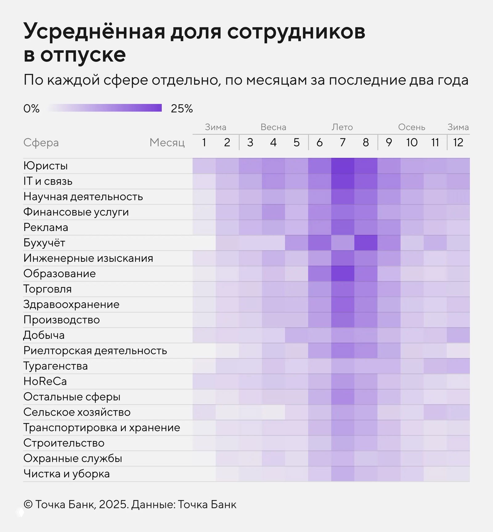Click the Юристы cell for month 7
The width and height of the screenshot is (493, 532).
pyautogui.click(x=343, y=166)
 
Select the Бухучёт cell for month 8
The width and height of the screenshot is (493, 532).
pyautogui.click(x=366, y=243)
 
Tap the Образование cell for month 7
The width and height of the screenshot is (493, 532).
pyautogui.click(x=343, y=274)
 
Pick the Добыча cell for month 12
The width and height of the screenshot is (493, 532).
pyautogui.click(x=458, y=335)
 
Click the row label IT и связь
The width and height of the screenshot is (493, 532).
pyautogui.click(x=48, y=181)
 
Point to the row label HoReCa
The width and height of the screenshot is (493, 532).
pyautogui.click(x=45, y=381)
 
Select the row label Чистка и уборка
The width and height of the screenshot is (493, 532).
pyautogui.click(x=66, y=474)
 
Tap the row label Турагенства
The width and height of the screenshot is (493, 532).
pyautogui.click(x=55, y=366)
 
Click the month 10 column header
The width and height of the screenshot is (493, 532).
pyautogui.click(x=412, y=143)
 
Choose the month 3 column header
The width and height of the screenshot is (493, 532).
pyautogui.click(x=250, y=143)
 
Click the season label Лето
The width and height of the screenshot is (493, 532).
pyautogui.click(x=342, y=127)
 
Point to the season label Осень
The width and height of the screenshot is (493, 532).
pyautogui.click(x=412, y=127)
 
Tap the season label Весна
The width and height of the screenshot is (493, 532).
pyautogui.click(x=273, y=127)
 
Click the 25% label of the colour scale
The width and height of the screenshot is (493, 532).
pyautogui.click(x=182, y=108)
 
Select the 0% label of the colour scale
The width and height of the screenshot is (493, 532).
pyautogui.click(x=31, y=108)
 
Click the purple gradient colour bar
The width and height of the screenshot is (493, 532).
pyautogui.click(x=105, y=108)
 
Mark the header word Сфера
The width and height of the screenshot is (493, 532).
pyautogui.click(x=41, y=143)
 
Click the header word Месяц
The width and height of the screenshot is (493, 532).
pyautogui.click(x=167, y=143)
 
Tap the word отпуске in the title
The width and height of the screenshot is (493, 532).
pyautogui.click(x=83, y=55)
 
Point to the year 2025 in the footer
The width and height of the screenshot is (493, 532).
pyautogui.click(x=113, y=505)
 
